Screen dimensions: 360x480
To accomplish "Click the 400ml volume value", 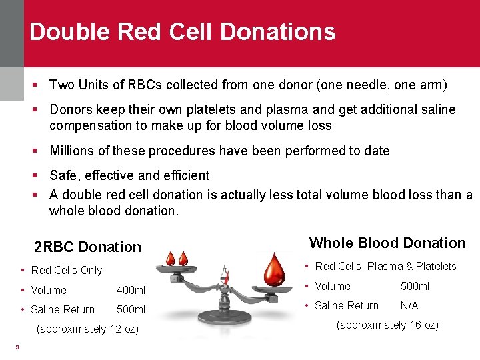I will click(131, 291).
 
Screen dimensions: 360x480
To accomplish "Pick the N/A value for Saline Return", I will click(410, 306).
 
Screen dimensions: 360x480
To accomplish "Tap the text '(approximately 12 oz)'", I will click(87, 329).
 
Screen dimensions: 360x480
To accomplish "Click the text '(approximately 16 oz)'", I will click(387, 325).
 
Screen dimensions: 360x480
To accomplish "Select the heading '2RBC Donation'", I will click(87, 247).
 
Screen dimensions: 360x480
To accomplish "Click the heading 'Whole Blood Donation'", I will click(387, 243).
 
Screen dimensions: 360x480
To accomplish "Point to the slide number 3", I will click(17, 346).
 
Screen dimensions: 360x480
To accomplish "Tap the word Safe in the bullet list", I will click(63, 175).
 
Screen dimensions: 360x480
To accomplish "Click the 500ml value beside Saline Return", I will click(131, 310).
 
